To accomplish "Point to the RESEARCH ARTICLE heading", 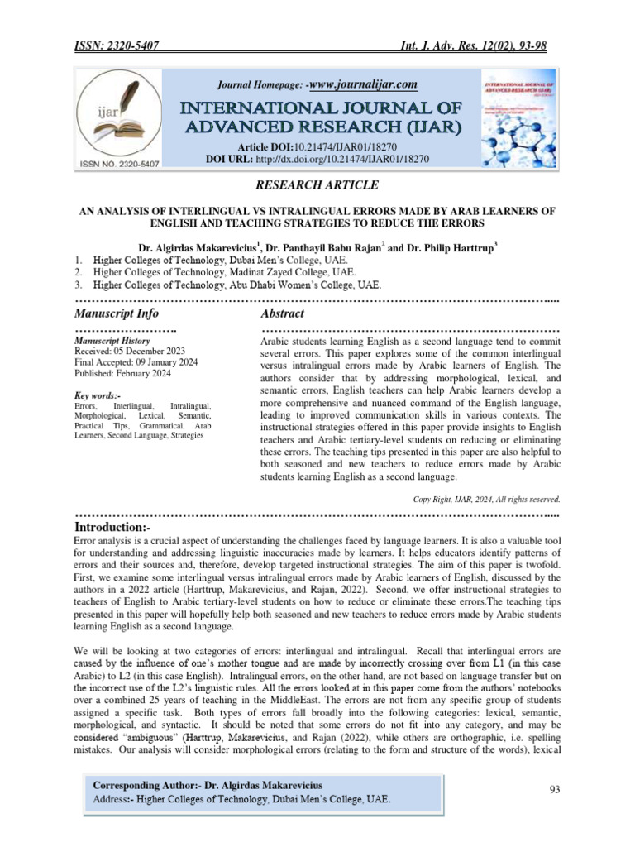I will tap(318, 184).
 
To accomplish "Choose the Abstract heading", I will tap(282, 313).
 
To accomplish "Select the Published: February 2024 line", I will tap(122, 373).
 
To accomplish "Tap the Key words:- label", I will tap(100, 395).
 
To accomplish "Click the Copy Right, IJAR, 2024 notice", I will tap(486, 499).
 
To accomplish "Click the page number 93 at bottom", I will tap(556, 790).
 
